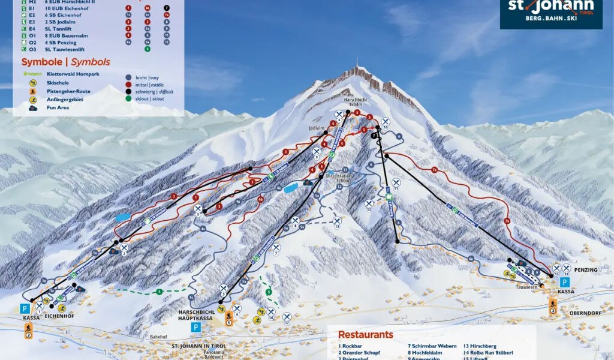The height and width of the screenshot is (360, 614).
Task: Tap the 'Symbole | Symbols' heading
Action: (66, 62)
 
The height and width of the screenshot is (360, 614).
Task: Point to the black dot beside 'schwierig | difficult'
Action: (128, 92)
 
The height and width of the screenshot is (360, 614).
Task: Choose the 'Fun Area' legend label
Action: (59, 108)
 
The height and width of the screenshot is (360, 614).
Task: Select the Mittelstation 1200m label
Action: (337, 178)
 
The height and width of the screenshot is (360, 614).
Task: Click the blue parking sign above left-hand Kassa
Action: (26, 308)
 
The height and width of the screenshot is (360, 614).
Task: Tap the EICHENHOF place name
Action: (60, 315)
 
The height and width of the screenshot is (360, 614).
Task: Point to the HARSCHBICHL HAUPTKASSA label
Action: (195, 315)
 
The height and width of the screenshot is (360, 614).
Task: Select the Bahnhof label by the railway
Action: (158, 337)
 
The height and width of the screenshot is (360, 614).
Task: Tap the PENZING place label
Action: (586, 270)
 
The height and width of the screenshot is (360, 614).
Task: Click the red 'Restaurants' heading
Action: (365, 335)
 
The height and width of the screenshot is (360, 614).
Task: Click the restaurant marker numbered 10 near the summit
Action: (386, 122)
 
